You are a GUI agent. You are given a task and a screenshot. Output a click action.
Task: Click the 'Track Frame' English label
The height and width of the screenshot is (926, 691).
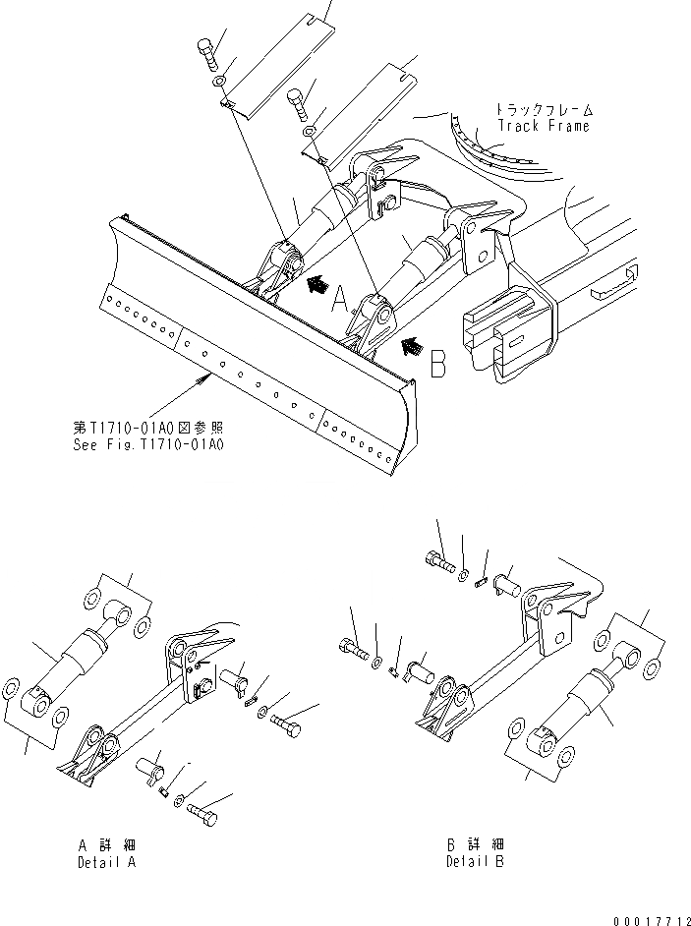[543, 126]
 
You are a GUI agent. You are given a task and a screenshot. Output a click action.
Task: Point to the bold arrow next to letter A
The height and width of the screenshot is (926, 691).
[317, 285]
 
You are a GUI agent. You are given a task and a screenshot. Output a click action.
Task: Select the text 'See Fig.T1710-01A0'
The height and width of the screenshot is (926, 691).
[148, 443]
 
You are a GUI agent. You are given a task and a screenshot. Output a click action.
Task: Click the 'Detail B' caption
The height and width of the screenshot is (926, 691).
[475, 862]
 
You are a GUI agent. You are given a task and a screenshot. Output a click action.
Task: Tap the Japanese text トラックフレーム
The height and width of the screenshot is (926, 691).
[544, 111]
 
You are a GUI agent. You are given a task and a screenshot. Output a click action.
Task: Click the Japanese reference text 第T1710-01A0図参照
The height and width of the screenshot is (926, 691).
[148, 428]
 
